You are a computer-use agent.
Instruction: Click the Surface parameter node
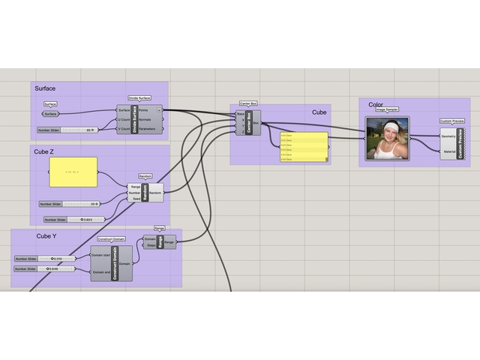pos(51,114)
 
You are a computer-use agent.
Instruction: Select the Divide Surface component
pos(135,119)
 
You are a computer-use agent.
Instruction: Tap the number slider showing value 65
pos(67,130)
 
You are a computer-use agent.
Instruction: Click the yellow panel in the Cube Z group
pos(73,172)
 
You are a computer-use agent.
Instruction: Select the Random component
pos(145,193)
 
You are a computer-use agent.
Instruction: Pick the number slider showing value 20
pos(70,203)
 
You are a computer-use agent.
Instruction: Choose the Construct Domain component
pos(111,263)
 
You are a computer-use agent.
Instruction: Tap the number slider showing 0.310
pos(44,259)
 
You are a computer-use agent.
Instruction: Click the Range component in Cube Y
pos(160,242)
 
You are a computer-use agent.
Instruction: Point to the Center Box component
pos(248,122)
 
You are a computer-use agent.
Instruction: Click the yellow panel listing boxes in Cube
pos(304,146)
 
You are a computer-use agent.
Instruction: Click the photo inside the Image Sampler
pos(388,138)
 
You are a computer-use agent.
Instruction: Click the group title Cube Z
pos(44,151)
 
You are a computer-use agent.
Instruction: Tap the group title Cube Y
pos(46,235)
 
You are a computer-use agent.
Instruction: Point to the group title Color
pos(376,105)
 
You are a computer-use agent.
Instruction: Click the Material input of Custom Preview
pos(448,151)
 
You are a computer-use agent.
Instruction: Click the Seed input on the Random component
pos(135,199)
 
